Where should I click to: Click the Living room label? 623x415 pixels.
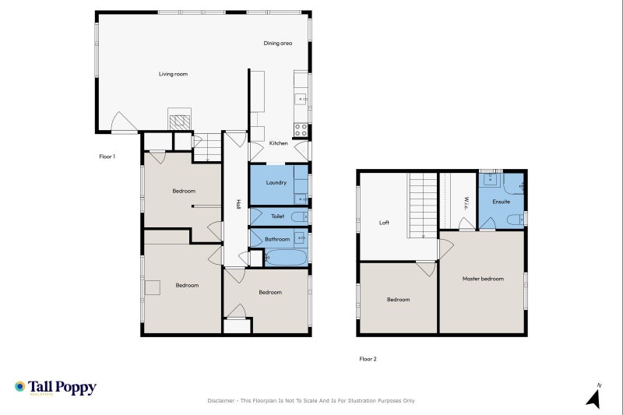coord(173,74)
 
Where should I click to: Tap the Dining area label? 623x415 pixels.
coord(278,43)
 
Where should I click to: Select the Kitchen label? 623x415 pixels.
coord(279,143)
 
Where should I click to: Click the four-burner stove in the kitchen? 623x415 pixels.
coord(301,130)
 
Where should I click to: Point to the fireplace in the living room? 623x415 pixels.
coord(180,121)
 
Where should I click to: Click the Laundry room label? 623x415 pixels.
coord(276,183)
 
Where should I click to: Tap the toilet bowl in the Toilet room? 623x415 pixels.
coord(300,216)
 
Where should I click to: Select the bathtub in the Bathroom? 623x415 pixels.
coord(286,258)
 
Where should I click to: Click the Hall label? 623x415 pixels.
coord(238,204)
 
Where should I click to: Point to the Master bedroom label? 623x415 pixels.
coord(483,279)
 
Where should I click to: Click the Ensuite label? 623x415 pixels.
coord(501,202)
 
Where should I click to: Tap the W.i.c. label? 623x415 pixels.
coord(466,203)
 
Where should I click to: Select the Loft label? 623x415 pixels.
coord(384,223)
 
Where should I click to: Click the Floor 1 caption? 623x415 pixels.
coord(107,157)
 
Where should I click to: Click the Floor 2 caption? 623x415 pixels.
coord(368,359)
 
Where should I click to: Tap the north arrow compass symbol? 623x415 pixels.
coord(594,396)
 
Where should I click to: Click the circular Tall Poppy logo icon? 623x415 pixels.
coord(20,386)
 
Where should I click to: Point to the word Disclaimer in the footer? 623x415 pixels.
coord(221,401)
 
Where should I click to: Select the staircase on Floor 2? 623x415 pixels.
coord(423,206)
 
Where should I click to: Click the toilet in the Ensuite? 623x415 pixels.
coord(516,219)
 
